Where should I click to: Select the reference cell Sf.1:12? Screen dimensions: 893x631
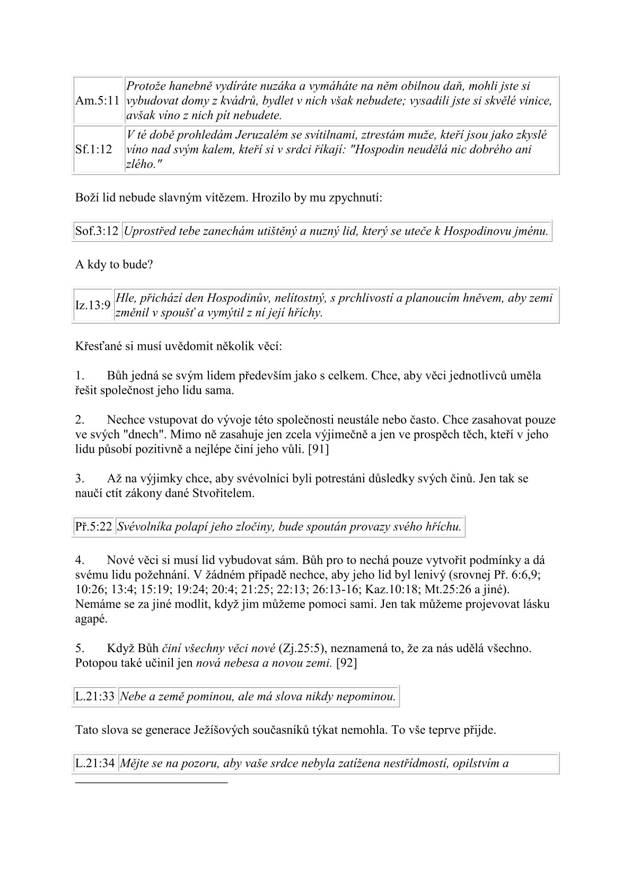tap(94, 150)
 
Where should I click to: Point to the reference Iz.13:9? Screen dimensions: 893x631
tap(93, 305)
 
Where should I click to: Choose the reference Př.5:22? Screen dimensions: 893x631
tap(93, 527)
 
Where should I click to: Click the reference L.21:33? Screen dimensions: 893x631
tap(95, 696)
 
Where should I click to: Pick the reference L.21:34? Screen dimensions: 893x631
tap(95, 764)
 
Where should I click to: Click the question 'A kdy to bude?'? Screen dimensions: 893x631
tap(114, 264)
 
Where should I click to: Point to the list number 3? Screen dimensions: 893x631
tap(80, 478)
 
